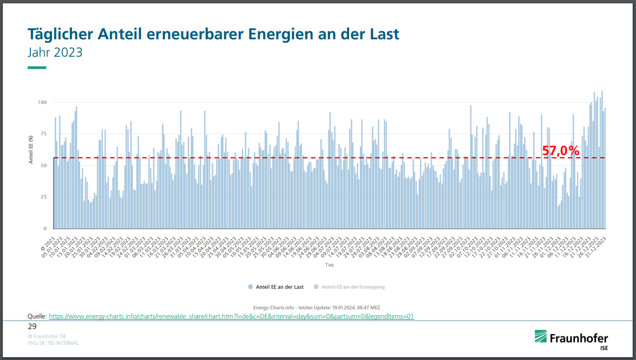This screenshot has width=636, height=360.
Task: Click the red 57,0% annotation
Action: [x=560, y=151]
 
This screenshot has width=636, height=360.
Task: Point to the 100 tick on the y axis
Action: [x=42, y=102]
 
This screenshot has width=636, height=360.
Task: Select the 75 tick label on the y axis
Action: [x=43, y=134]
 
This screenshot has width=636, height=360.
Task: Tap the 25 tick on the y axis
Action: [x=43, y=197]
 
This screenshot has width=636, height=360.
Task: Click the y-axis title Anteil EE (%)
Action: [x=31, y=149]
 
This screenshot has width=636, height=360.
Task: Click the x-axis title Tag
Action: [x=330, y=264]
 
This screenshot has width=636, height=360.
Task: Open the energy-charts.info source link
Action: [x=231, y=316]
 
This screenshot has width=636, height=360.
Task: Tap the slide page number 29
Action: [x=32, y=326]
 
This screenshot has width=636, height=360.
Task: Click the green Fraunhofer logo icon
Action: [x=541, y=337]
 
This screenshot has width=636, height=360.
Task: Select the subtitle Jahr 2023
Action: [x=55, y=52]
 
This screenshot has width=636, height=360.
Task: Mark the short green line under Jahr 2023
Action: [x=37, y=68]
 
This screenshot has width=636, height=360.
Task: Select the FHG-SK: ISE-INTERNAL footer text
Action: [x=53, y=343]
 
